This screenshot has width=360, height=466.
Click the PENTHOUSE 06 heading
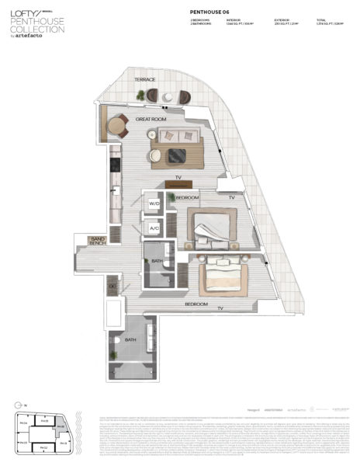211,12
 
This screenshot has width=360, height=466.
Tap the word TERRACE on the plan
145,80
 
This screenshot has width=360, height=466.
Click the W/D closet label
154,204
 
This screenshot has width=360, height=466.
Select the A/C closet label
154,228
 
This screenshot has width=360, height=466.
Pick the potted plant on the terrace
140,95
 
